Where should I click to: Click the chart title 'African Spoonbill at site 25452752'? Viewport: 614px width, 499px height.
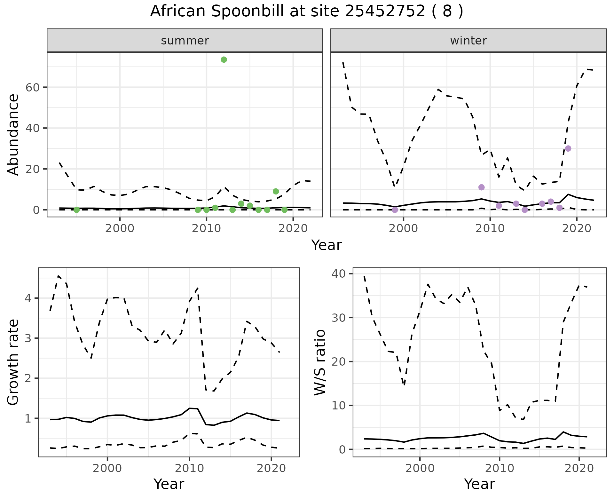(306, 12)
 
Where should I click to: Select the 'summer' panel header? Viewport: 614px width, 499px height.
(185, 41)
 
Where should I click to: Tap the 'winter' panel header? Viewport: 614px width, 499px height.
(468, 41)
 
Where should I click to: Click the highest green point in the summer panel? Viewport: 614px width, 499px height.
(224, 59)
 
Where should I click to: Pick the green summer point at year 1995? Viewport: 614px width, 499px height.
(76, 210)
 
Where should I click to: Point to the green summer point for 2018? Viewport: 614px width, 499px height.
(276, 191)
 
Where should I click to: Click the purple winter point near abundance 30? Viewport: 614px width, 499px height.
(568, 148)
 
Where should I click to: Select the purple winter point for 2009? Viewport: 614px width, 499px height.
(482, 187)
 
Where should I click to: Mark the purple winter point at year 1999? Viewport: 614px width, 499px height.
(395, 210)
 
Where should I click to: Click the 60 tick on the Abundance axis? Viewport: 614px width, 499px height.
(32, 87)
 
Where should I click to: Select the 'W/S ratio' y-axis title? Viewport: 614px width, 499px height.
(320, 362)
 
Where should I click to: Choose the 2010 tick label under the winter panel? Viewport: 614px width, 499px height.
(490, 229)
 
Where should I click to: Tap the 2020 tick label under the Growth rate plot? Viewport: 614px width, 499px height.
(271, 469)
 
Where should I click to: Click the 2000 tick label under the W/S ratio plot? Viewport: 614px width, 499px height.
(420, 469)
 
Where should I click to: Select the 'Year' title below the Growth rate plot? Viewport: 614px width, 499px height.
(169, 484)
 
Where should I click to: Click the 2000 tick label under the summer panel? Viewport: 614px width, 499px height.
(120, 229)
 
